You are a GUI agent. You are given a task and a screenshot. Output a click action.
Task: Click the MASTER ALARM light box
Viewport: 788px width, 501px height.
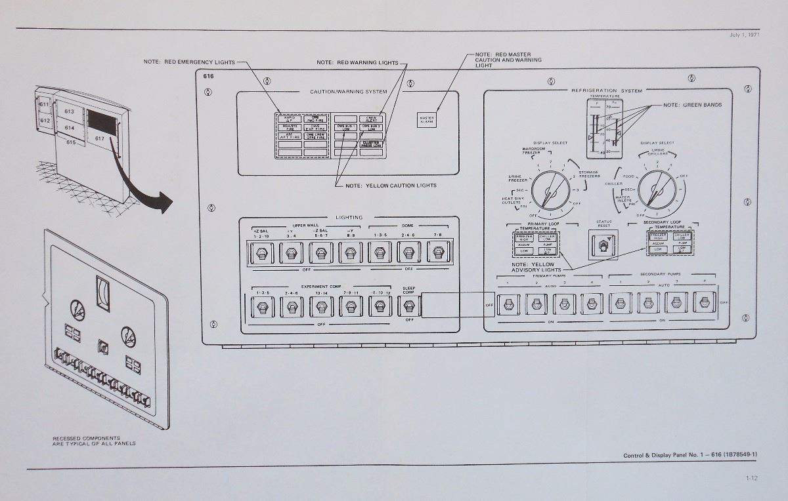(427, 120)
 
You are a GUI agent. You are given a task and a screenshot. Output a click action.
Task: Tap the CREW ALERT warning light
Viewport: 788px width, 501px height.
(372, 119)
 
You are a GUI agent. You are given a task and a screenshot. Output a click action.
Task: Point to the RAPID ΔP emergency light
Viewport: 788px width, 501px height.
(289, 119)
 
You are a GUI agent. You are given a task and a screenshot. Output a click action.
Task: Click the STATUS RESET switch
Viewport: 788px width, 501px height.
(603, 245)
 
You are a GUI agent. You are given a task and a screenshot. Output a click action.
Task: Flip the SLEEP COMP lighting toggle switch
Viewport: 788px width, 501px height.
(409, 306)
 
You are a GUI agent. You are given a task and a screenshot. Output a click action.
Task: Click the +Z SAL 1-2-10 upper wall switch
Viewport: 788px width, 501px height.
(261, 252)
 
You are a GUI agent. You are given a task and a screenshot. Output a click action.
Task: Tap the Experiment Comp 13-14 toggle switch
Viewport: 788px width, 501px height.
(320, 306)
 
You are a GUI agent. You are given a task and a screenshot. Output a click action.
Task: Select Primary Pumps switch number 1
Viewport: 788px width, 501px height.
(508, 304)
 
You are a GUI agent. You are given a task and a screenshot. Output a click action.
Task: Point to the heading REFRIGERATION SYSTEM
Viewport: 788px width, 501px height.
(607, 90)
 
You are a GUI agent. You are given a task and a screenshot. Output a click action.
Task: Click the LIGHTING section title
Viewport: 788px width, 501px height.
(349, 217)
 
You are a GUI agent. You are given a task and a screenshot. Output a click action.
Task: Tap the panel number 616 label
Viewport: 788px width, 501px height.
(209, 77)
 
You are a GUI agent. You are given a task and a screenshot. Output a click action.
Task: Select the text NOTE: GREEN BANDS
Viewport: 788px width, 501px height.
(692, 105)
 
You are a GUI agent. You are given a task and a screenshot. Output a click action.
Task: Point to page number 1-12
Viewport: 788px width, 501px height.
(751, 478)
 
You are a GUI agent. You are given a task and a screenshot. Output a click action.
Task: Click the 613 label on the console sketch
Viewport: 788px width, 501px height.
(69, 112)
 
